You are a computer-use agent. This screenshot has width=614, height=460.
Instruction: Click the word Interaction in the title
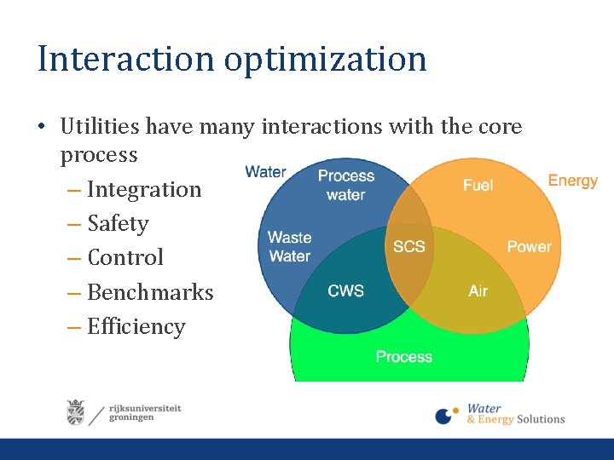pos(125,58)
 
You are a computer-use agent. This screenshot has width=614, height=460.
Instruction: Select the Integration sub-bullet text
pos(144,191)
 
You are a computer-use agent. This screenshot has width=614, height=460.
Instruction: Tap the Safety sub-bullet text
pos(119,224)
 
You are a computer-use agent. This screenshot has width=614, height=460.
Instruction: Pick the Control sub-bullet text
pos(125,257)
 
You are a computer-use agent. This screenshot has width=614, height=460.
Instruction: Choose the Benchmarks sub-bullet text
pos(150,292)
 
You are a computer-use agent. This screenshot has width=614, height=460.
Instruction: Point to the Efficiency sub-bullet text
pos(136,327)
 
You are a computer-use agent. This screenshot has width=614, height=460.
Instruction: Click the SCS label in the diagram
pos(408,246)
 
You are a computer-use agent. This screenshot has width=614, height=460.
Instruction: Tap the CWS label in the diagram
pos(345,290)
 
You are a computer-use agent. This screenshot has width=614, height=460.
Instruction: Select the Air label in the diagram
pos(478,290)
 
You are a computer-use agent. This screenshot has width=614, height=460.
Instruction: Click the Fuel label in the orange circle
pos(478,185)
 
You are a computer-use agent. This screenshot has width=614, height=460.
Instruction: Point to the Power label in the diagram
pos(530,246)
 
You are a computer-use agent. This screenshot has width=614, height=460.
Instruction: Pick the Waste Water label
pos(289,246)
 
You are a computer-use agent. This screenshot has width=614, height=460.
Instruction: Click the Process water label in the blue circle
pos(346,185)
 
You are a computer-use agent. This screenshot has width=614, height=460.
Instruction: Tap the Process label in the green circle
pos(404,356)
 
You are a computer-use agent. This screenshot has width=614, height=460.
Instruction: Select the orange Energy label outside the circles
pos(573,181)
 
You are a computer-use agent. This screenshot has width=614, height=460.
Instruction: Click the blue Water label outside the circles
pos(265,171)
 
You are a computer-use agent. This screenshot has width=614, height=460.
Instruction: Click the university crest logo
pos(76,412)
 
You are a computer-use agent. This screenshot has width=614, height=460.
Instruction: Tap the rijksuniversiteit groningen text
pos(145,413)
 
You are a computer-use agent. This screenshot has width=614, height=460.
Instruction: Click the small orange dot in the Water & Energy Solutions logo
pos(455,411)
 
